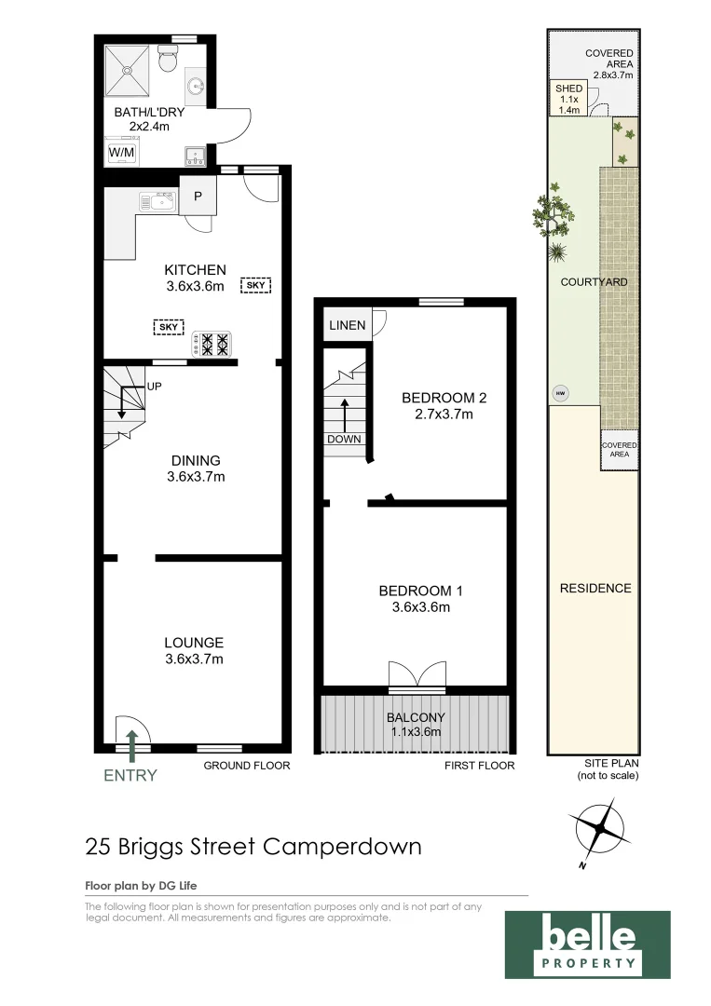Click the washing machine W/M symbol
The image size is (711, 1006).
(x=120, y=152)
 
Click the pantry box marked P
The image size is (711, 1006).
(x=198, y=196)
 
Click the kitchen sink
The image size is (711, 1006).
(x=157, y=201)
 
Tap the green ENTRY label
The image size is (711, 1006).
(x=131, y=775)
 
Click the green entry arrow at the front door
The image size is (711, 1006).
(x=131, y=743)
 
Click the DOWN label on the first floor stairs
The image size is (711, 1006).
(x=344, y=439)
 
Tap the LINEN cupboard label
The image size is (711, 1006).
(x=346, y=325)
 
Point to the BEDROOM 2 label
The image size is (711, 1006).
(x=444, y=398)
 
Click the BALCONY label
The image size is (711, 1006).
(x=416, y=717)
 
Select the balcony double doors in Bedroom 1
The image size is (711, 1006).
(x=416, y=675)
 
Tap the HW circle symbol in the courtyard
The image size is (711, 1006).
(x=560, y=393)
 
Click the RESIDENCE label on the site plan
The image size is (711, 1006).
(x=595, y=588)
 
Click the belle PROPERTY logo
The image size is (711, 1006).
(x=587, y=945)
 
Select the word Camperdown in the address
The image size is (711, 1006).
(x=342, y=847)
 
